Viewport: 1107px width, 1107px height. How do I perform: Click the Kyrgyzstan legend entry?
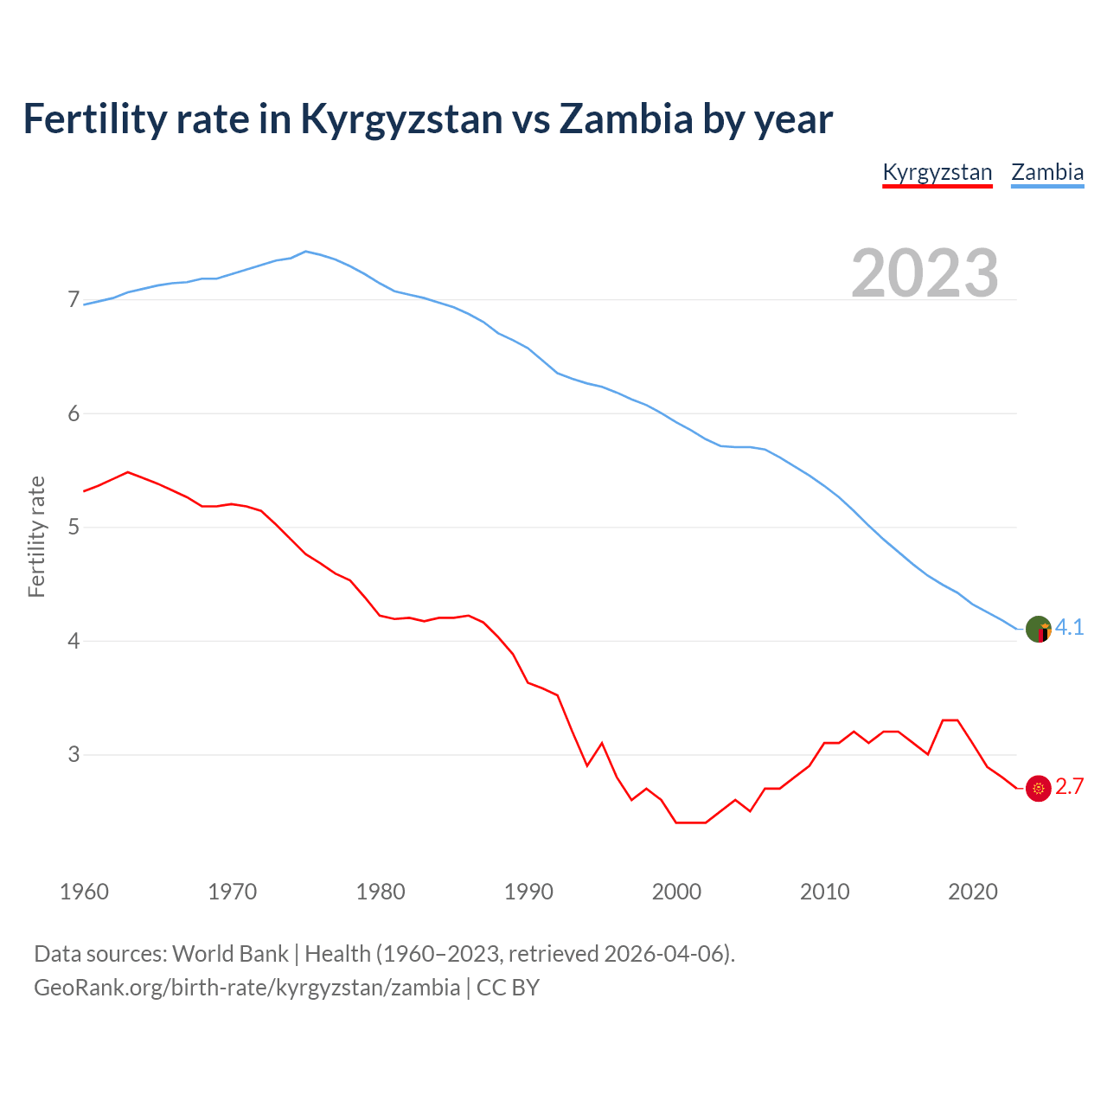tap(937, 172)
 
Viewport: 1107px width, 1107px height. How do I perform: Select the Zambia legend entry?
tap(1047, 172)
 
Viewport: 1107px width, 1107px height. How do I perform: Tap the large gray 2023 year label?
tap(925, 273)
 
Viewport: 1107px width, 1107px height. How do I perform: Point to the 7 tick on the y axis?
tap(74, 300)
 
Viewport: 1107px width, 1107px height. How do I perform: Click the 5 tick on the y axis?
tap(74, 527)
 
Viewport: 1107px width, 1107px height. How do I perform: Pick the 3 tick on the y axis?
tap(74, 754)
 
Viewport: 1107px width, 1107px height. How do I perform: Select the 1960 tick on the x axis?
tap(84, 892)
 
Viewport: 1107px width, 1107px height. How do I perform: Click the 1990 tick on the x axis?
tap(528, 892)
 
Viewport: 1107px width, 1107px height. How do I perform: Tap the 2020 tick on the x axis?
tap(973, 892)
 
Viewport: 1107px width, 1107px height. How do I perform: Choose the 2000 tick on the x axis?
tap(676, 892)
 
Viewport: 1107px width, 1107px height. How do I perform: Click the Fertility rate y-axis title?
tap(36, 536)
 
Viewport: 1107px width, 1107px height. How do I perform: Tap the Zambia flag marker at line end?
tap(1038, 629)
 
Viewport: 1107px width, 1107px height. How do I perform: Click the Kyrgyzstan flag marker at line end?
tap(1038, 788)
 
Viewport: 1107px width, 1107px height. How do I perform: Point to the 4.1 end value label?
tap(1070, 628)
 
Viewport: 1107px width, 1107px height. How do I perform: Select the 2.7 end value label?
tap(1070, 787)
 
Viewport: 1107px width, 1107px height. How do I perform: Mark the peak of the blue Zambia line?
tap(306, 252)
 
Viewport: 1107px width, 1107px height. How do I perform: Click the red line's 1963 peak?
tap(128, 472)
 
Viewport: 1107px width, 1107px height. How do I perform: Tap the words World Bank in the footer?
tap(230, 954)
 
